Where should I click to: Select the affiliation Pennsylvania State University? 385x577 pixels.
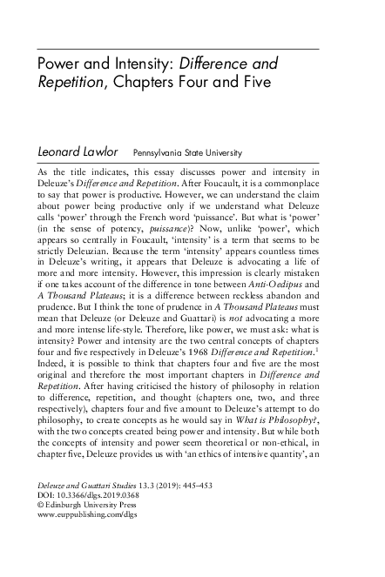(x=186, y=152)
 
